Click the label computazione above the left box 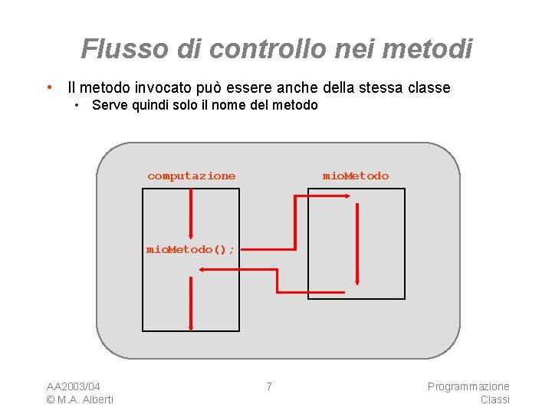(191, 176)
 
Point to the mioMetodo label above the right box (355, 176)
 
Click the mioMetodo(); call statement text (190, 249)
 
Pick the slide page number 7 (268, 386)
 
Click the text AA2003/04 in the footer (74, 386)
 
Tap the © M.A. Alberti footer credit (80, 399)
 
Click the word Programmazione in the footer (468, 386)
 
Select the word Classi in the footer (495, 399)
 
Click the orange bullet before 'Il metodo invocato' (49, 87)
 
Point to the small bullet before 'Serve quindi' (77, 105)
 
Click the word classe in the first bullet (426, 87)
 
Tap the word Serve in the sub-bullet (109, 105)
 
